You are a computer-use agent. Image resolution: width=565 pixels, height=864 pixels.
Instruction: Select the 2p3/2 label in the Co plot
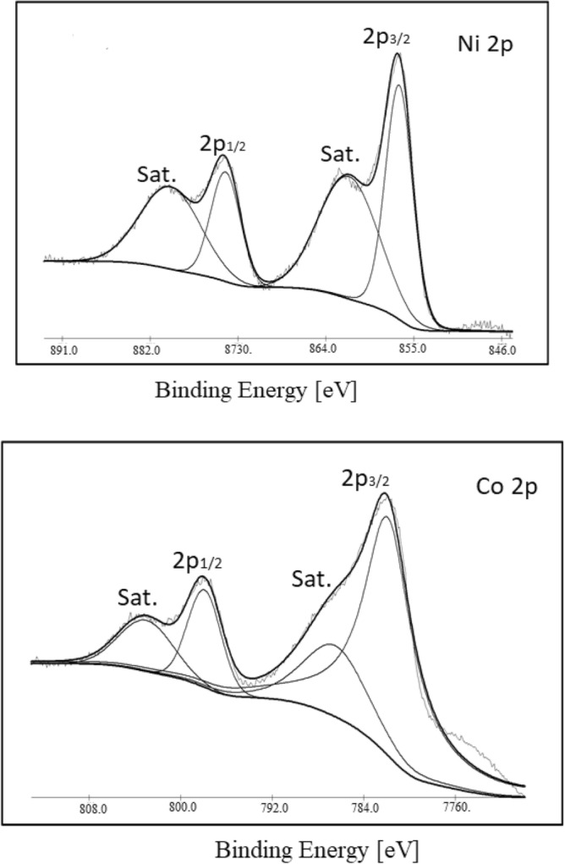click(366, 478)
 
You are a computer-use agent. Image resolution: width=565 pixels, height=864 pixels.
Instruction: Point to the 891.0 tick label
click(63, 349)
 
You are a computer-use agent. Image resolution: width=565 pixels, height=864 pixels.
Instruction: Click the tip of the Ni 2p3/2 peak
click(398, 54)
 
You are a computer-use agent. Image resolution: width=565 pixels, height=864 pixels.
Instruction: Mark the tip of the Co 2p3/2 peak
click(385, 493)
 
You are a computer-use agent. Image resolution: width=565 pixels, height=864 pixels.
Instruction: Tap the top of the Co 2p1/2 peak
click(203, 577)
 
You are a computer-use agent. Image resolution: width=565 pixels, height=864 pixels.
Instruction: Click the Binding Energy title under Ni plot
click(255, 392)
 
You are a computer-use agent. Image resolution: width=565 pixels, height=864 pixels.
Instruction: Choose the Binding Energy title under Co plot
click(315, 847)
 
